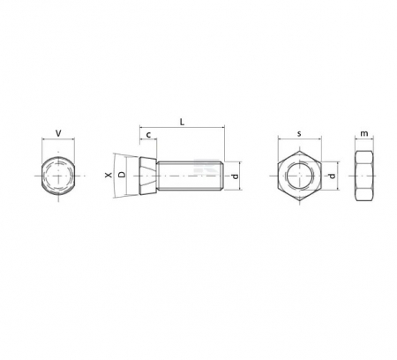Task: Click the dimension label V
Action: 58,133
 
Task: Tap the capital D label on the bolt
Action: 123,176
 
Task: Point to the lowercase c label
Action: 148,134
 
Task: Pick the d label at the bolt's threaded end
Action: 235,176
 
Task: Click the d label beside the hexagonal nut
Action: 333,176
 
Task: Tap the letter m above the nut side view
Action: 364,133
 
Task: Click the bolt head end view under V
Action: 59,176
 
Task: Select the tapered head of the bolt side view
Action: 147,176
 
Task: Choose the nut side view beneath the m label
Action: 364,176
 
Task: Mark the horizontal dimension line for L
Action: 182,129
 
